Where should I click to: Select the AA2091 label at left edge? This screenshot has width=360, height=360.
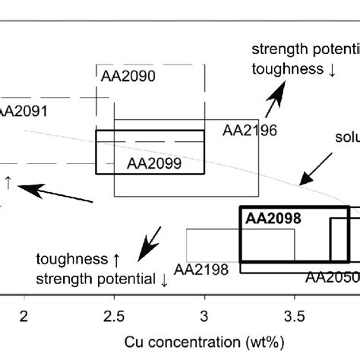(x=23, y=111)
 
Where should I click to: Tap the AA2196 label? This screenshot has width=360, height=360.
(x=250, y=131)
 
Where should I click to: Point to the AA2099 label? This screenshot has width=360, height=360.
(x=154, y=163)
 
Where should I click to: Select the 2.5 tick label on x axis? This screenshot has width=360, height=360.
(x=114, y=315)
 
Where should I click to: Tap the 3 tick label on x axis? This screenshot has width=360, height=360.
(x=204, y=315)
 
